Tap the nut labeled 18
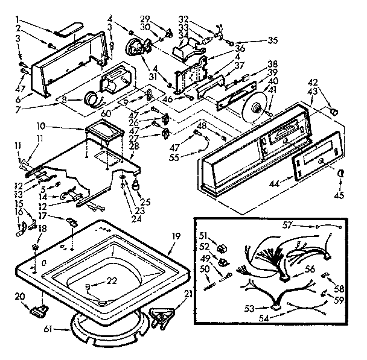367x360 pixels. [34, 247]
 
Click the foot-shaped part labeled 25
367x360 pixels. [136, 183]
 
